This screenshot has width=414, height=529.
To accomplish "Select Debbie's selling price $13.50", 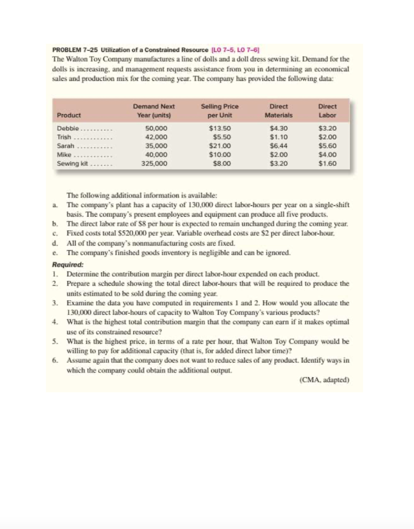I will coord(219,127).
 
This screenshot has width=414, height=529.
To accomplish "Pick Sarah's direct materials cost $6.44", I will coord(279,145).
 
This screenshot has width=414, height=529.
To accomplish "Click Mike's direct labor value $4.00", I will coord(327,154).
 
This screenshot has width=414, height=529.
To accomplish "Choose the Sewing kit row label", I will coord(71,163).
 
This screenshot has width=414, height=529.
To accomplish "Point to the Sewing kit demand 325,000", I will coord(154,163).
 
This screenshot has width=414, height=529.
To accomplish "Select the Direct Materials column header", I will coord(278,111).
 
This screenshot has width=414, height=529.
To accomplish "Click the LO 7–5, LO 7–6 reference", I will coord(235,50).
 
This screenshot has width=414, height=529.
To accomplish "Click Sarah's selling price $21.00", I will coord(219,145).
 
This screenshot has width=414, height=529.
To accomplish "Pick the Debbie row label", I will coord(67,127).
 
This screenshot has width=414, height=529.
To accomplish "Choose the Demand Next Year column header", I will coord(154,111).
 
